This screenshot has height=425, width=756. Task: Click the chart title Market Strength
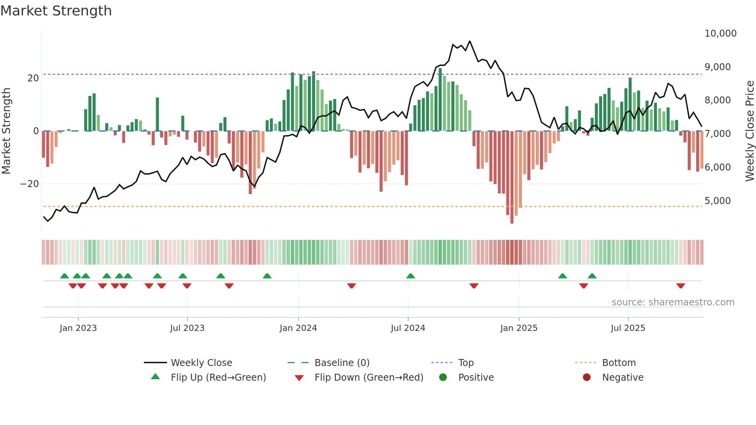pos(56,11)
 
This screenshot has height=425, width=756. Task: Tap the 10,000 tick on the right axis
pos(720,34)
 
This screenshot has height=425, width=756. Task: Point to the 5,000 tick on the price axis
pos(717,201)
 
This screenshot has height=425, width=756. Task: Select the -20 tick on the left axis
pos(30,184)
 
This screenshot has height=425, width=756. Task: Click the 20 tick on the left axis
pos(33,78)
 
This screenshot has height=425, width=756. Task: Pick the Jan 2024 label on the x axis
pos(298,328)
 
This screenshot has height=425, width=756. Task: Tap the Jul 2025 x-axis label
pos(628,328)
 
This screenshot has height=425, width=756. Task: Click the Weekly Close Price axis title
pos(749,131)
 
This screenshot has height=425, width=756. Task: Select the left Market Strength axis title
pos(6,131)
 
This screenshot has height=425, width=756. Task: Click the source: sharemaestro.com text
pos(673,302)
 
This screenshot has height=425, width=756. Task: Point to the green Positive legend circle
pos(443,378)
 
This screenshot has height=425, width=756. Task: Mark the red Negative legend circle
pos(587,378)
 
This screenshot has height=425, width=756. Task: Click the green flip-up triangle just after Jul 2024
pos(410,276)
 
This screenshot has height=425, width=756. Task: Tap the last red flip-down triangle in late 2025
pos(680,286)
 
